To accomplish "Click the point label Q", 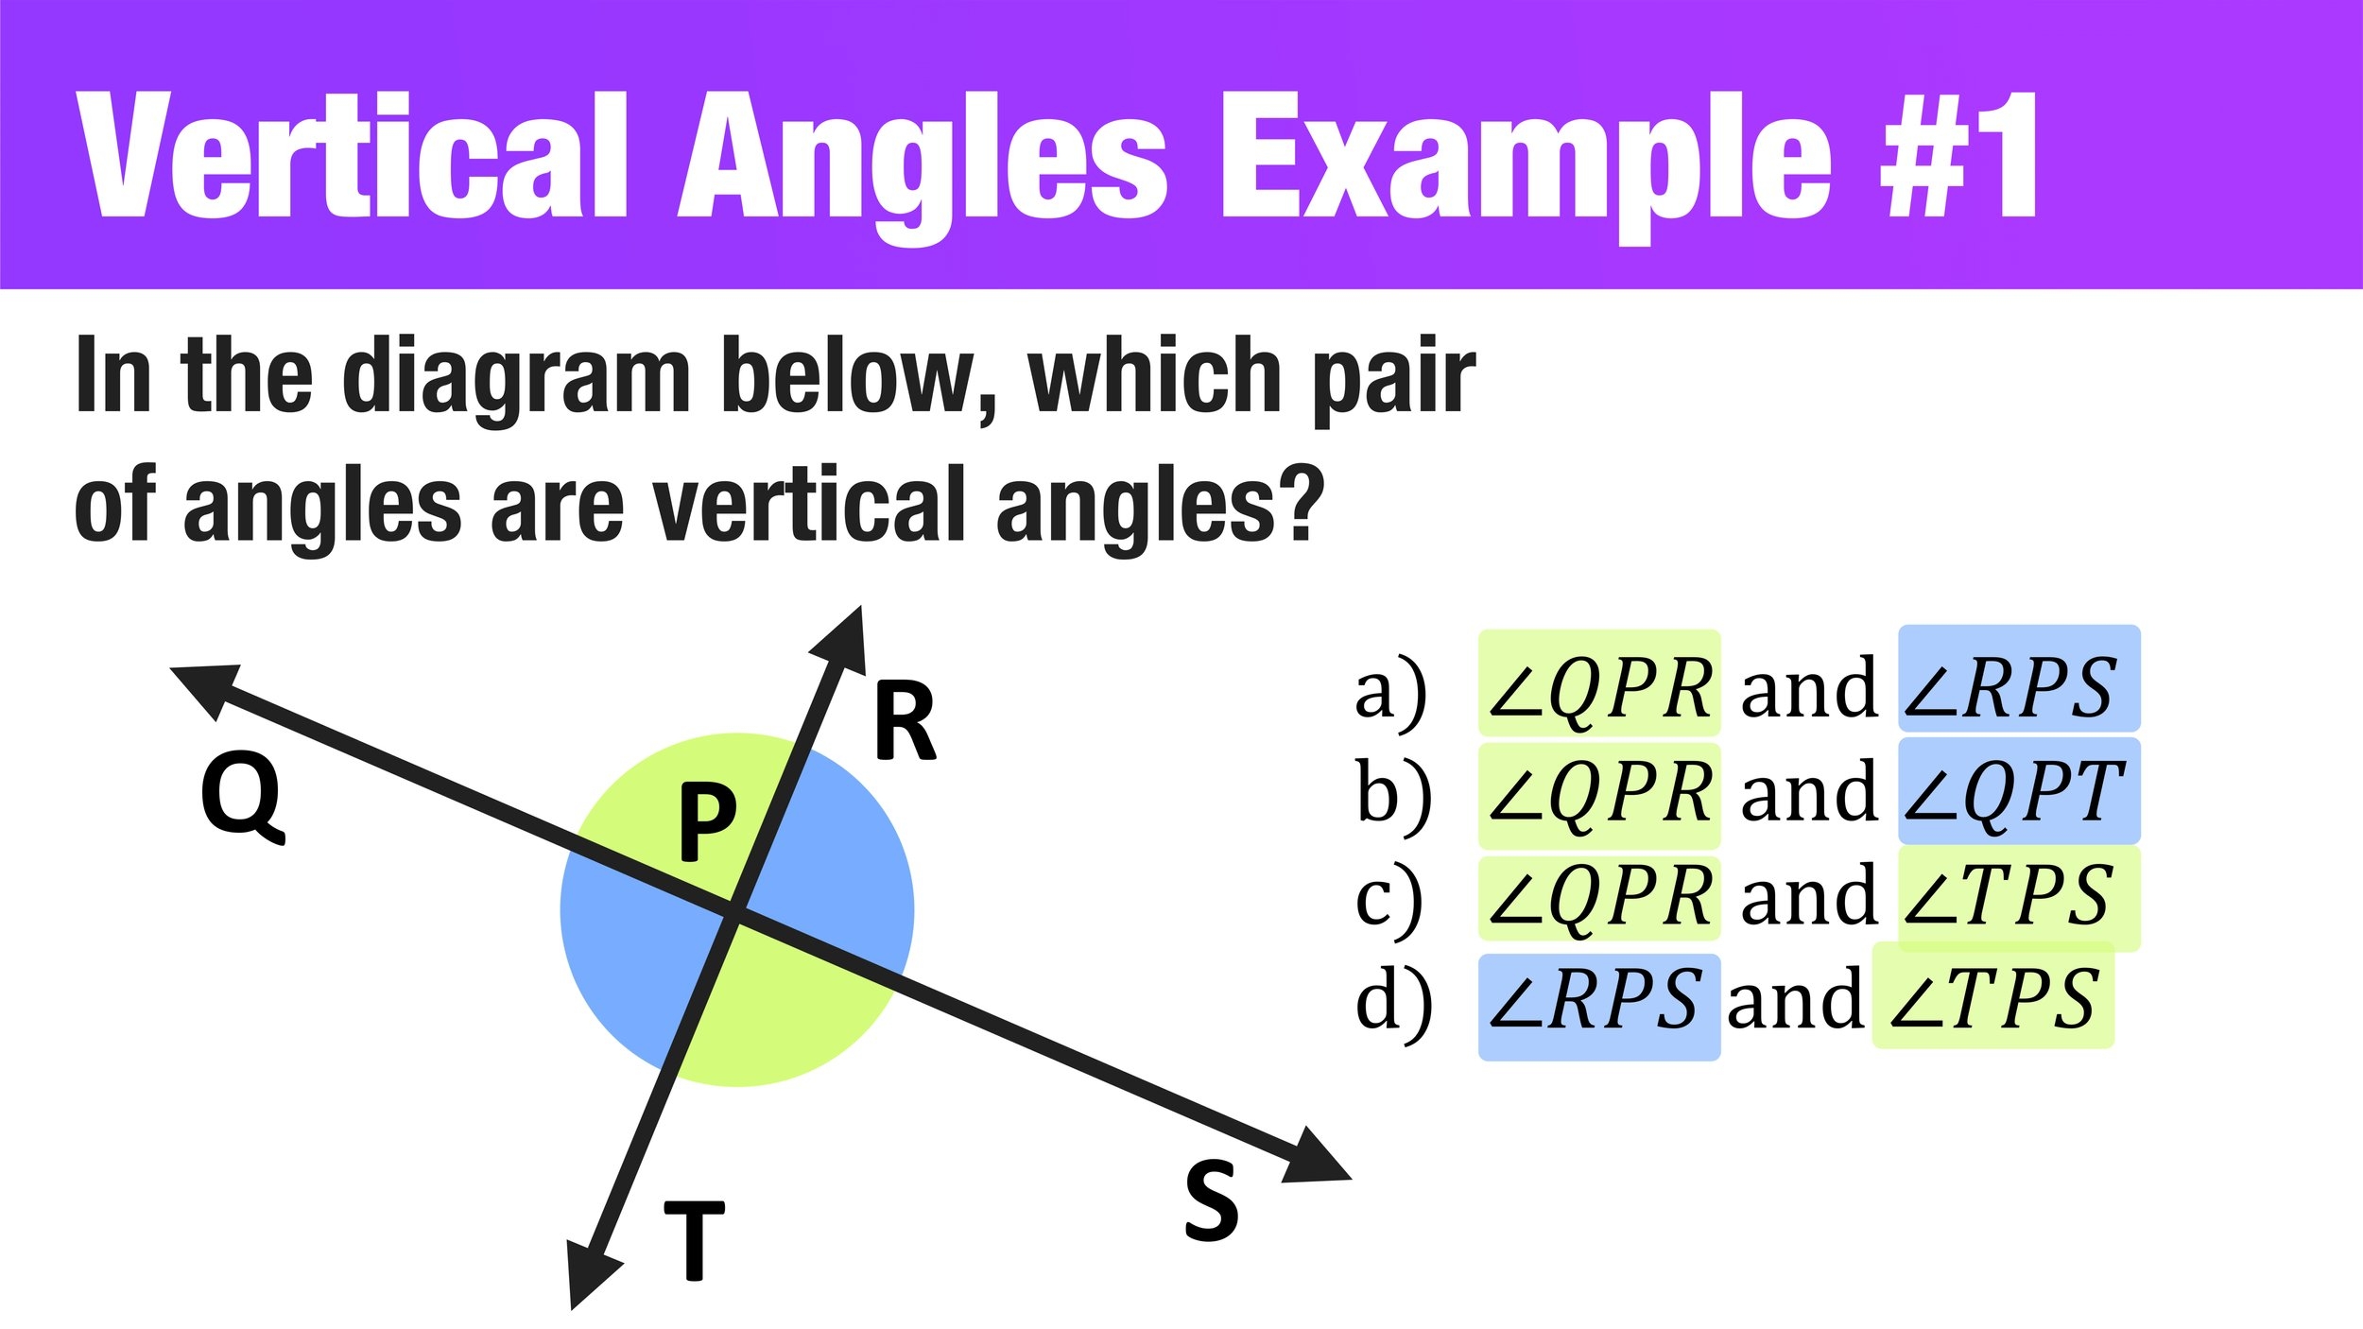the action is [x=242, y=797].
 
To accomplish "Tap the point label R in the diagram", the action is [x=905, y=722].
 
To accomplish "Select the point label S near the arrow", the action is [x=1211, y=1200].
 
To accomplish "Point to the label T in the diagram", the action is [x=694, y=1240].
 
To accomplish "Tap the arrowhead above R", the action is [x=842, y=641].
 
